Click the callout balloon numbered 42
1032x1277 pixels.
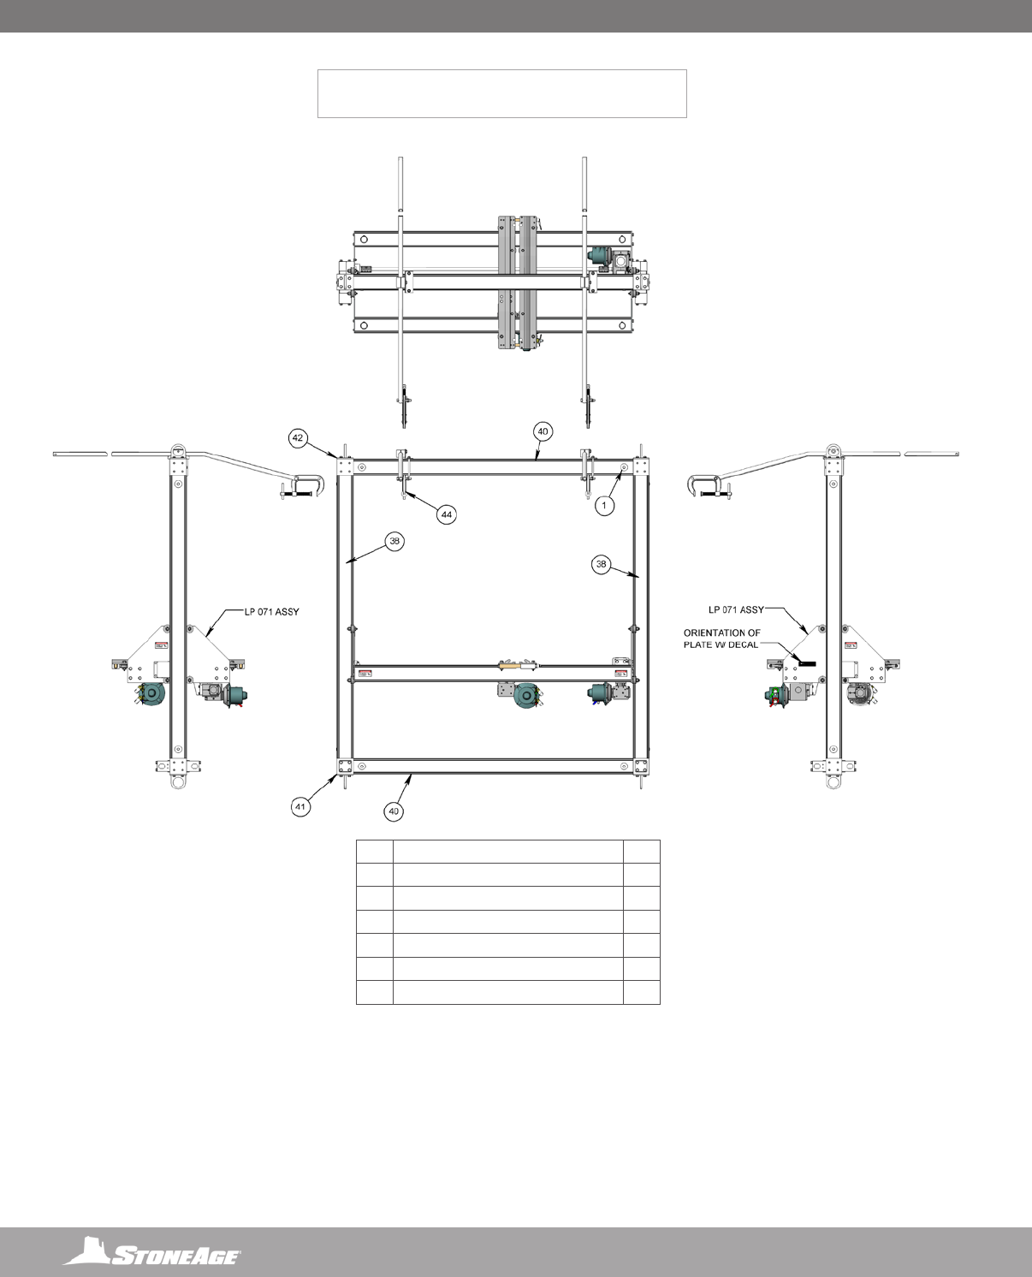click(x=297, y=437)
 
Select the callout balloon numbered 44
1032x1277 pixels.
click(x=447, y=514)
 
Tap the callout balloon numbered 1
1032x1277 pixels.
click(x=604, y=505)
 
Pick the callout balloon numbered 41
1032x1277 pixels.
click(x=300, y=806)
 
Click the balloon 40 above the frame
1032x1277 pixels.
click(x=543, y=431)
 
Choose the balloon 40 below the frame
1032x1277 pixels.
click(x=393, y=811)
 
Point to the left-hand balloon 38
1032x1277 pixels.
click(x=394, y=542)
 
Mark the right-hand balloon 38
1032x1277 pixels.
click(x=601, y=564)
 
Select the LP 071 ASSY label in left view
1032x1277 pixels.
click(x=271, y=612)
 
